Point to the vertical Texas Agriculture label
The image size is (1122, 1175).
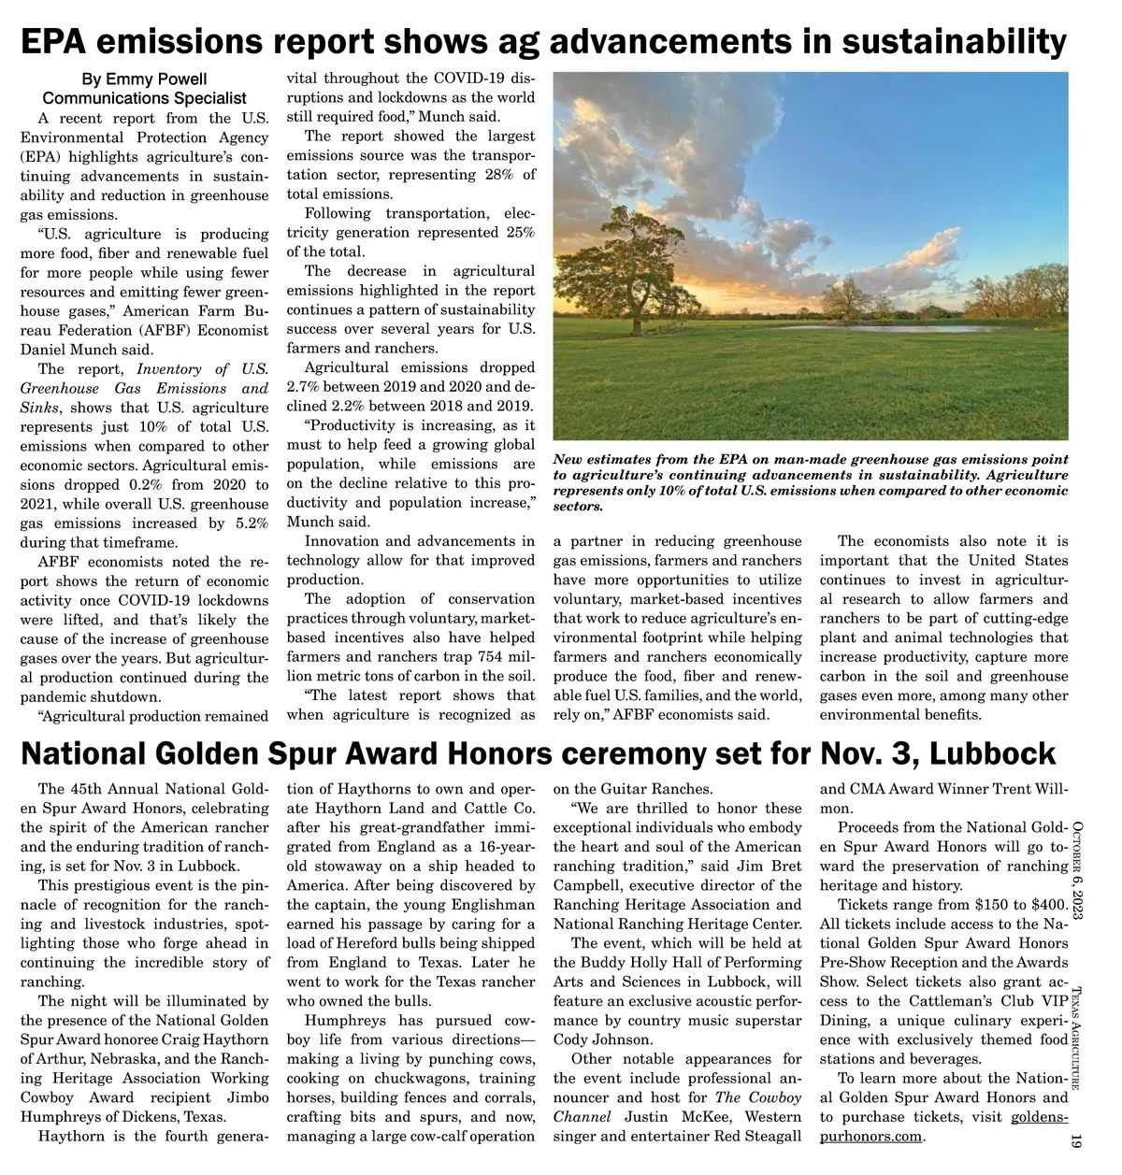[x=1076, y=1039]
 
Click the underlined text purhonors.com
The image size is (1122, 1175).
[x=870, y=1137]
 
